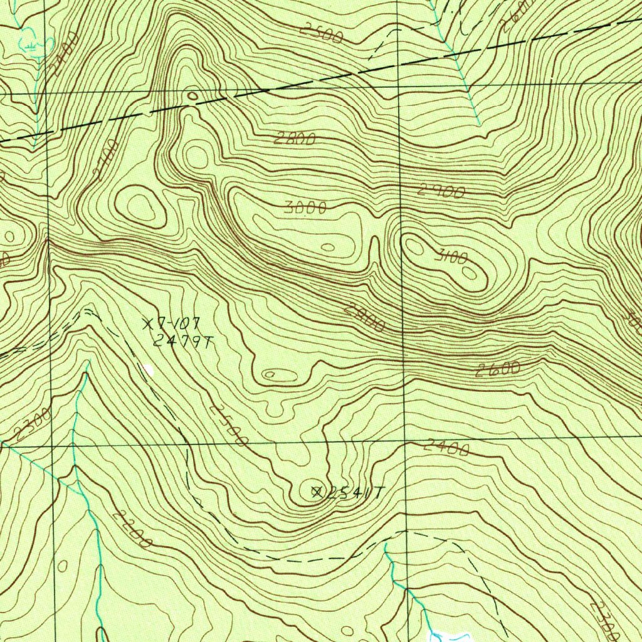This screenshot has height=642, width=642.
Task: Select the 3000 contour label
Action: tap(305, 209)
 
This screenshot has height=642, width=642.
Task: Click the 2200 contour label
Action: tap(132, 530)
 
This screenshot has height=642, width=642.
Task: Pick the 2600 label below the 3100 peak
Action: tap(497, 370)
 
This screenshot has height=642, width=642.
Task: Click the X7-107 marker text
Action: tap(171, 324)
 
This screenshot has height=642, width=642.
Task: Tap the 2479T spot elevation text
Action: tap(184, 341)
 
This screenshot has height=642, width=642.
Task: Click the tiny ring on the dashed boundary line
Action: tap(192, 97)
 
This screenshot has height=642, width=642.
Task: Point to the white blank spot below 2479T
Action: tap(148, 370)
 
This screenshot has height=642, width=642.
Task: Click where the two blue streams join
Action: tap(76, 486)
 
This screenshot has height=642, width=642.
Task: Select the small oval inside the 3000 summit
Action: tap(327, 247)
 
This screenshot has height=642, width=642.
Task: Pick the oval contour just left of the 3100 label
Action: tap(415, 246)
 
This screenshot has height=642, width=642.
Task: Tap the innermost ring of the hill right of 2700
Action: tap(141, 206)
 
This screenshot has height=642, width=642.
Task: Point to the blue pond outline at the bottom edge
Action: tap(451, 636)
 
